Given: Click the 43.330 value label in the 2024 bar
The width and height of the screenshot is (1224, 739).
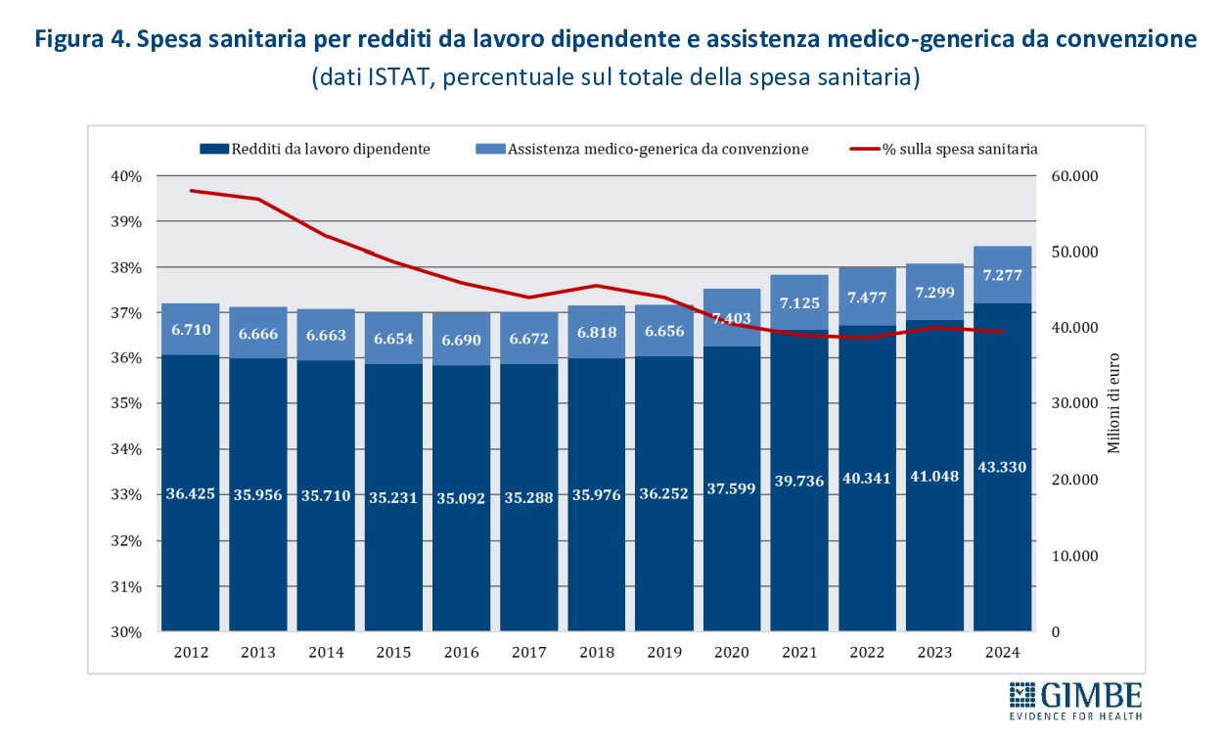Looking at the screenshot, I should point(1002,467).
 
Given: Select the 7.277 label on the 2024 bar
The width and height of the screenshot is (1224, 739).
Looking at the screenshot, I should point(1002,275).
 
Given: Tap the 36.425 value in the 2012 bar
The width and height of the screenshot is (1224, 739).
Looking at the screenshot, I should point(191,492).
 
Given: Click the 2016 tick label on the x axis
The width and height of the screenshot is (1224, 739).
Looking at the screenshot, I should point(462,653).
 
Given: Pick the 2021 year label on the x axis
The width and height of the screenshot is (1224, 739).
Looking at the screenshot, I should point(799,653).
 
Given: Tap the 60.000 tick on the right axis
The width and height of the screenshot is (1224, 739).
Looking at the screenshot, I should point(1073,176).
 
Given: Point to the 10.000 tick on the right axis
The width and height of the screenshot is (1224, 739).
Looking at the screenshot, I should point(1073,556).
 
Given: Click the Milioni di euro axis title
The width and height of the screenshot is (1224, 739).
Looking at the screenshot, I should point(1113,403).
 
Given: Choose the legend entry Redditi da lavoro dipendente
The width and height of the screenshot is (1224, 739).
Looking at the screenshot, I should point(317,149).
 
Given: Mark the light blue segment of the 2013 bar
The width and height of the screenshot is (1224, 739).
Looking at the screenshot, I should point(258,333).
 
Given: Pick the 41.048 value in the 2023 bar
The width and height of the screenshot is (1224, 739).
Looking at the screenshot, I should point(934,476).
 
